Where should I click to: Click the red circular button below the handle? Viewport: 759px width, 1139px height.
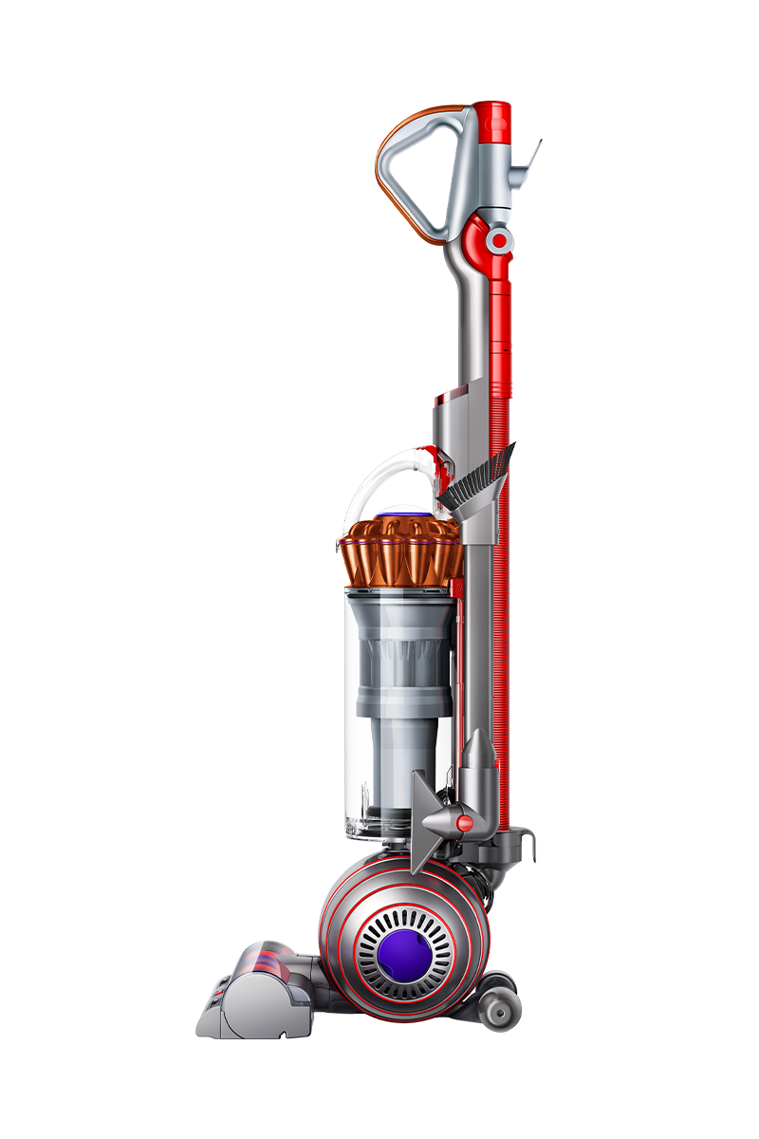(496, 240)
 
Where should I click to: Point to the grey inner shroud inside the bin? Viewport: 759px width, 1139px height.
(398, 683)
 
